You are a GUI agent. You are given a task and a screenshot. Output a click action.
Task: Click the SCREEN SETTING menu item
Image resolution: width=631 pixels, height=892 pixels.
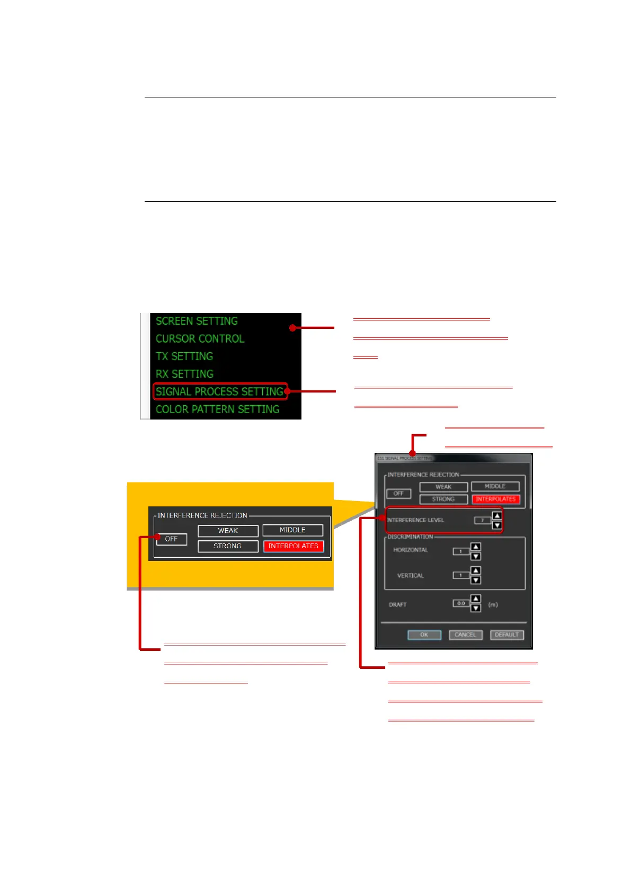(197, 322)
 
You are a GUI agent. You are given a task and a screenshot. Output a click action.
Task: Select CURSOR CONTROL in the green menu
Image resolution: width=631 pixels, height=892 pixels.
(200, 339)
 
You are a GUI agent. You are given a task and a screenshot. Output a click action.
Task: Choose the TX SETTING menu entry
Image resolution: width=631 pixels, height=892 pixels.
(184, 356)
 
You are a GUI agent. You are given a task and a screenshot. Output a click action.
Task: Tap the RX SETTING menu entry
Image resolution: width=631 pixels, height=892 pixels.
(184, 374)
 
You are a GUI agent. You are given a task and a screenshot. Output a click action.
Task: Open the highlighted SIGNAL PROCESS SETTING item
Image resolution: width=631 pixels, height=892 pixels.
(219, 391)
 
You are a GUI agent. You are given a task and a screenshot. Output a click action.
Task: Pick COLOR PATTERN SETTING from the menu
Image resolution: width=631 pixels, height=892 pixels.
(217, 409)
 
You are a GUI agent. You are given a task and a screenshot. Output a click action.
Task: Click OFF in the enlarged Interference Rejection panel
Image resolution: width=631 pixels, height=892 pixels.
(171, 539)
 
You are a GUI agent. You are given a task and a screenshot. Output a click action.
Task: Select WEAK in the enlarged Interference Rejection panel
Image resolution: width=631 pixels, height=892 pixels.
(228, 531)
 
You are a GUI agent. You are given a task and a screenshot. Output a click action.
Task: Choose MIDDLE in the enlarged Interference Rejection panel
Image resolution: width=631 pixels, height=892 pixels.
(292, 530)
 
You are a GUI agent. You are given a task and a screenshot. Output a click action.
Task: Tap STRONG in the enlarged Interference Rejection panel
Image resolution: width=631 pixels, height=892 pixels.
(228, 546)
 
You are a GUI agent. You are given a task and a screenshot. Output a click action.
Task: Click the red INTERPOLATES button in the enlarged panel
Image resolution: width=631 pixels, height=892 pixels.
(293, 546)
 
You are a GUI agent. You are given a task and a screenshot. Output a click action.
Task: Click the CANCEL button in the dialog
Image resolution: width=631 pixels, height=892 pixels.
(465, 635)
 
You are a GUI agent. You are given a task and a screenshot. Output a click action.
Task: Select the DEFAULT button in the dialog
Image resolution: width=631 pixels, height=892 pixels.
(506, 635)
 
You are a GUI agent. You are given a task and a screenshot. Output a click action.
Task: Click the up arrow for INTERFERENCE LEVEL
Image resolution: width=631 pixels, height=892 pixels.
(497, 515)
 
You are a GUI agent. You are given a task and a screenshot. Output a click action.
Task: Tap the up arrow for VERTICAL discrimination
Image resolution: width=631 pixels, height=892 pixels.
(476, 570)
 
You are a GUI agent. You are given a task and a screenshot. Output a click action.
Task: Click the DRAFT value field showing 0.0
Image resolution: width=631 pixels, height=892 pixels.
(461, 603)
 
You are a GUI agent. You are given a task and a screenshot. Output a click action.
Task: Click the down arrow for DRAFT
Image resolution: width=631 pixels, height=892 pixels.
(476, 608)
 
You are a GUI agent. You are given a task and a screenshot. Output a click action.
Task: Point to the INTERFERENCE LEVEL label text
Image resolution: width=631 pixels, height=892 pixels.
(415, 520)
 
